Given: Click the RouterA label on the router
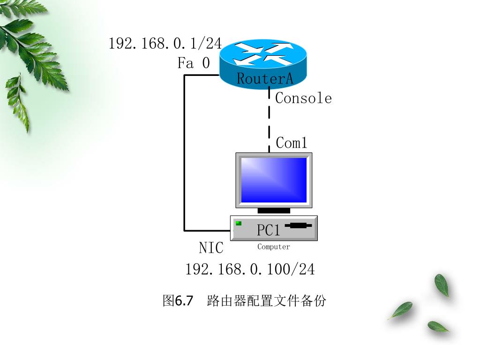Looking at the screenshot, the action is [265, 78].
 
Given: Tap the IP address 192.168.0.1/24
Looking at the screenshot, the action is [165, 44].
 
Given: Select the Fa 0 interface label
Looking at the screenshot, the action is [194, 63].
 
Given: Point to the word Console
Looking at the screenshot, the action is [303, 98].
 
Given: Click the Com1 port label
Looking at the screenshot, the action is [292, 143].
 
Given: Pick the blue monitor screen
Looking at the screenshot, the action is [274, 180].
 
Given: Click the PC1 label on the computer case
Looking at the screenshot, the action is [269, 230].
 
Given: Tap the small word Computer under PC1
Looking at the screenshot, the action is [274, 247].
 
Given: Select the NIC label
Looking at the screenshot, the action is [211, 247].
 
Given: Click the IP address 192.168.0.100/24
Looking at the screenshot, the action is [250, 269].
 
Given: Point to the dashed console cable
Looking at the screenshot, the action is [269, 120].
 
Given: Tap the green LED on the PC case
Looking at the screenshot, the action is [239, 223].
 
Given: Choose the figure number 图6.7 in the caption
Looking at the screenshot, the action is [178, 300].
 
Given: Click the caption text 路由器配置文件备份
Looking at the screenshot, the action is [266, 300].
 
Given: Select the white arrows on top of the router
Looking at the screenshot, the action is [262, 53].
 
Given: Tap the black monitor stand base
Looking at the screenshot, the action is [274, 210].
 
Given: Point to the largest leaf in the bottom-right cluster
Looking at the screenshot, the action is [442, 285].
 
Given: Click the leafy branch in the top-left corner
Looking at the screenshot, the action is [28, 52].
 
